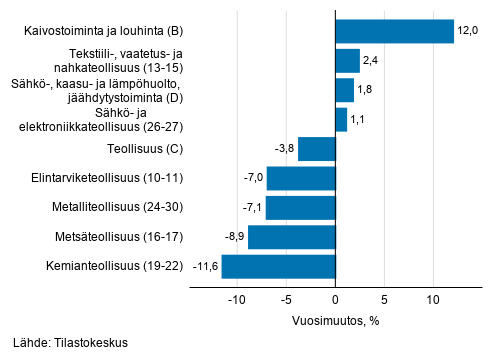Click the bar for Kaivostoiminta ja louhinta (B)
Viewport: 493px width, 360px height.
tap(394, 31)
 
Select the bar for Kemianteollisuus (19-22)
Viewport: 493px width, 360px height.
tap(278, 267)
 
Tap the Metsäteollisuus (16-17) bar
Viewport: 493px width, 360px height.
tap(291, 237)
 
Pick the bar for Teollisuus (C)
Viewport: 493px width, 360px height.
tap(316, 149)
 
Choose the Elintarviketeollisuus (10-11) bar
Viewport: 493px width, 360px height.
tap(301, 178)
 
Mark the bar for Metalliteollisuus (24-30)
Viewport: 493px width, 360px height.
tap(300, 208)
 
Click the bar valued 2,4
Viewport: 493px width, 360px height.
tap(347, 61)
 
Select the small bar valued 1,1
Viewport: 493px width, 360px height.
tap(341, 120)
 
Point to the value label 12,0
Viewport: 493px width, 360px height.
tap(468, 31)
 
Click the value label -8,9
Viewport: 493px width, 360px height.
tap(232, 237)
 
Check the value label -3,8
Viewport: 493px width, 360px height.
tap(283, 149)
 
